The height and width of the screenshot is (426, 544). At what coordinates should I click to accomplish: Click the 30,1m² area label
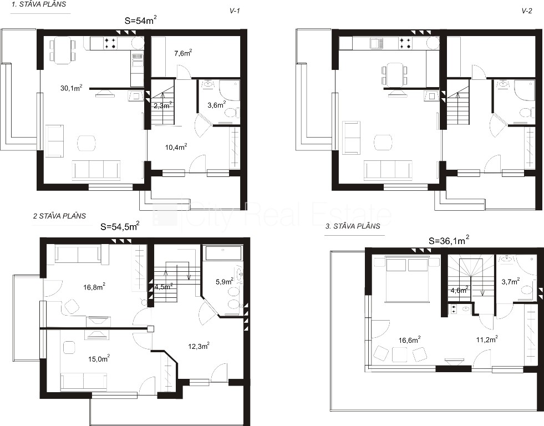[x=72, y=88]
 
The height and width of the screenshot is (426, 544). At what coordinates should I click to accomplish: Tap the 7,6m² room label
[x=183, y=53]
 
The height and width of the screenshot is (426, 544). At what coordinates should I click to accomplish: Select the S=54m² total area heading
[x=140, y=21]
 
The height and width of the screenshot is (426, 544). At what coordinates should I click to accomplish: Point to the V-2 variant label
[x=527, y=11]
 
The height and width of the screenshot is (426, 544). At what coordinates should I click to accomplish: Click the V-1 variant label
[x=235, y=11]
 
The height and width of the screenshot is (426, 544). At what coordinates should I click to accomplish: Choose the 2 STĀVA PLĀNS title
[x=59, y=216]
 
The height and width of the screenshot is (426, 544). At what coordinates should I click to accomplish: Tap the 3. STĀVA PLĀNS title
[x=353, y=226]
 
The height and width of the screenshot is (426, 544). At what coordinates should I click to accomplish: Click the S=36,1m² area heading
[x=449, y=240]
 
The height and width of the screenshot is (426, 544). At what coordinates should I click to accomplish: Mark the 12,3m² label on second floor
[x=199, y=346]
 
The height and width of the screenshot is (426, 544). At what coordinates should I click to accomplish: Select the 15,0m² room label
[x=99, y=358]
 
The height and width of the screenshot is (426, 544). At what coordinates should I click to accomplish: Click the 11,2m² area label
[x=487, y=339]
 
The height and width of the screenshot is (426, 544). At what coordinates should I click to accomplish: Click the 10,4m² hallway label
[x=176, y=147]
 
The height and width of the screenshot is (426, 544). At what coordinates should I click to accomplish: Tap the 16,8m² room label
[x=94, y=287]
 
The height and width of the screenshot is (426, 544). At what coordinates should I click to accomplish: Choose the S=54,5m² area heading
[x=120, y=226]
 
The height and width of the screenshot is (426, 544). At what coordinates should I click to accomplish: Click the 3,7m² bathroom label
[x=511, y=281]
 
